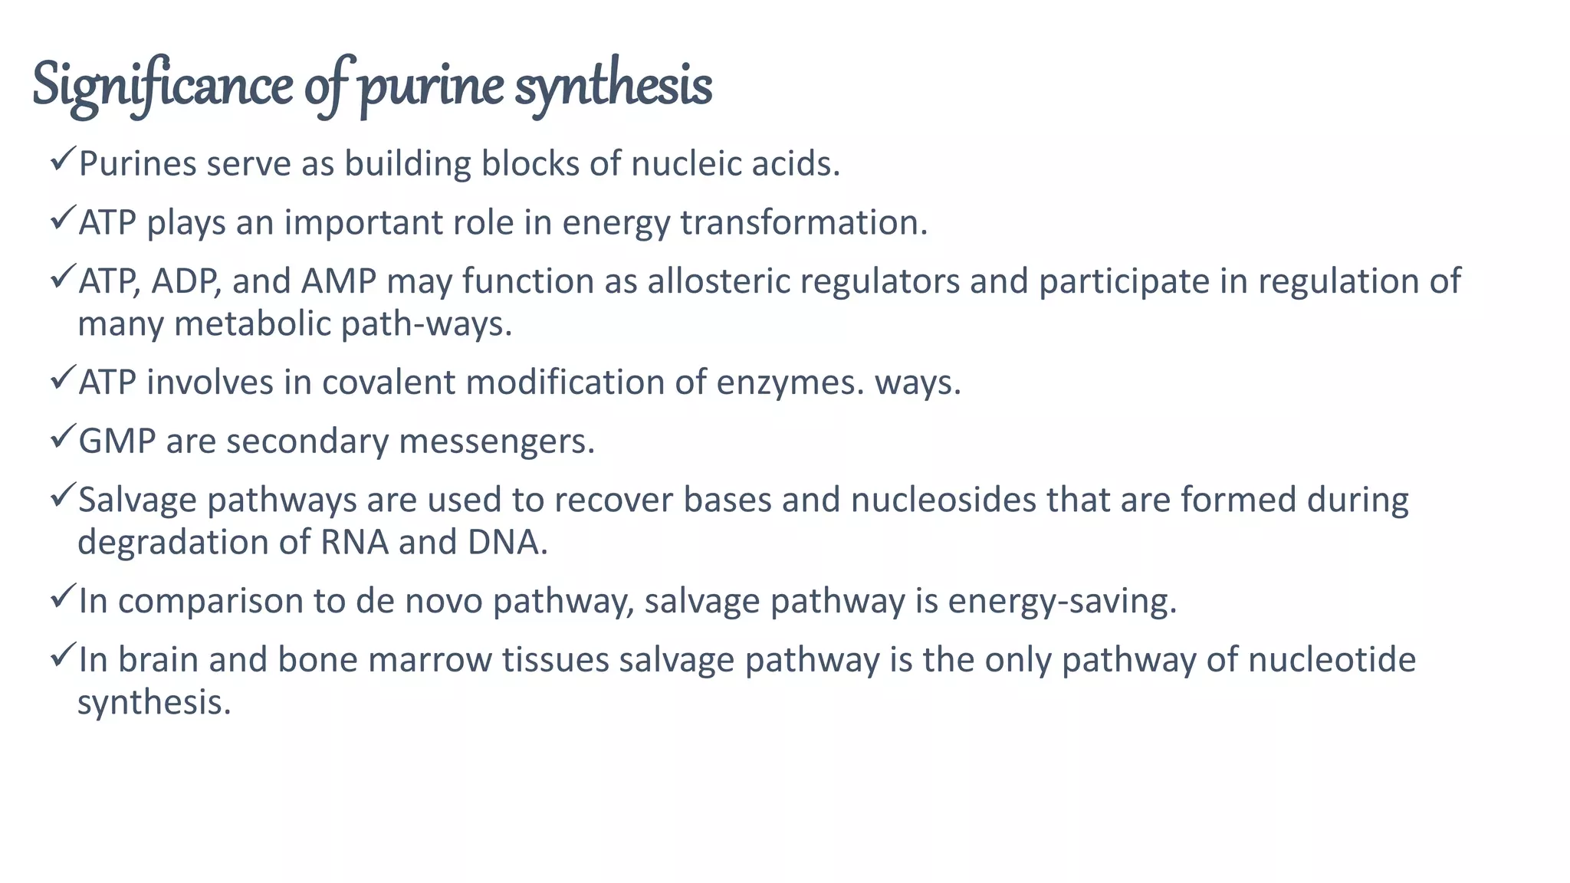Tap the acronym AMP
coord(338,281)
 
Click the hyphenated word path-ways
coord(426,324)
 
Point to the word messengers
coord(497,441)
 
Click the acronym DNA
coord(507,543)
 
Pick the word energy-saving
coord(1062,601)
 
